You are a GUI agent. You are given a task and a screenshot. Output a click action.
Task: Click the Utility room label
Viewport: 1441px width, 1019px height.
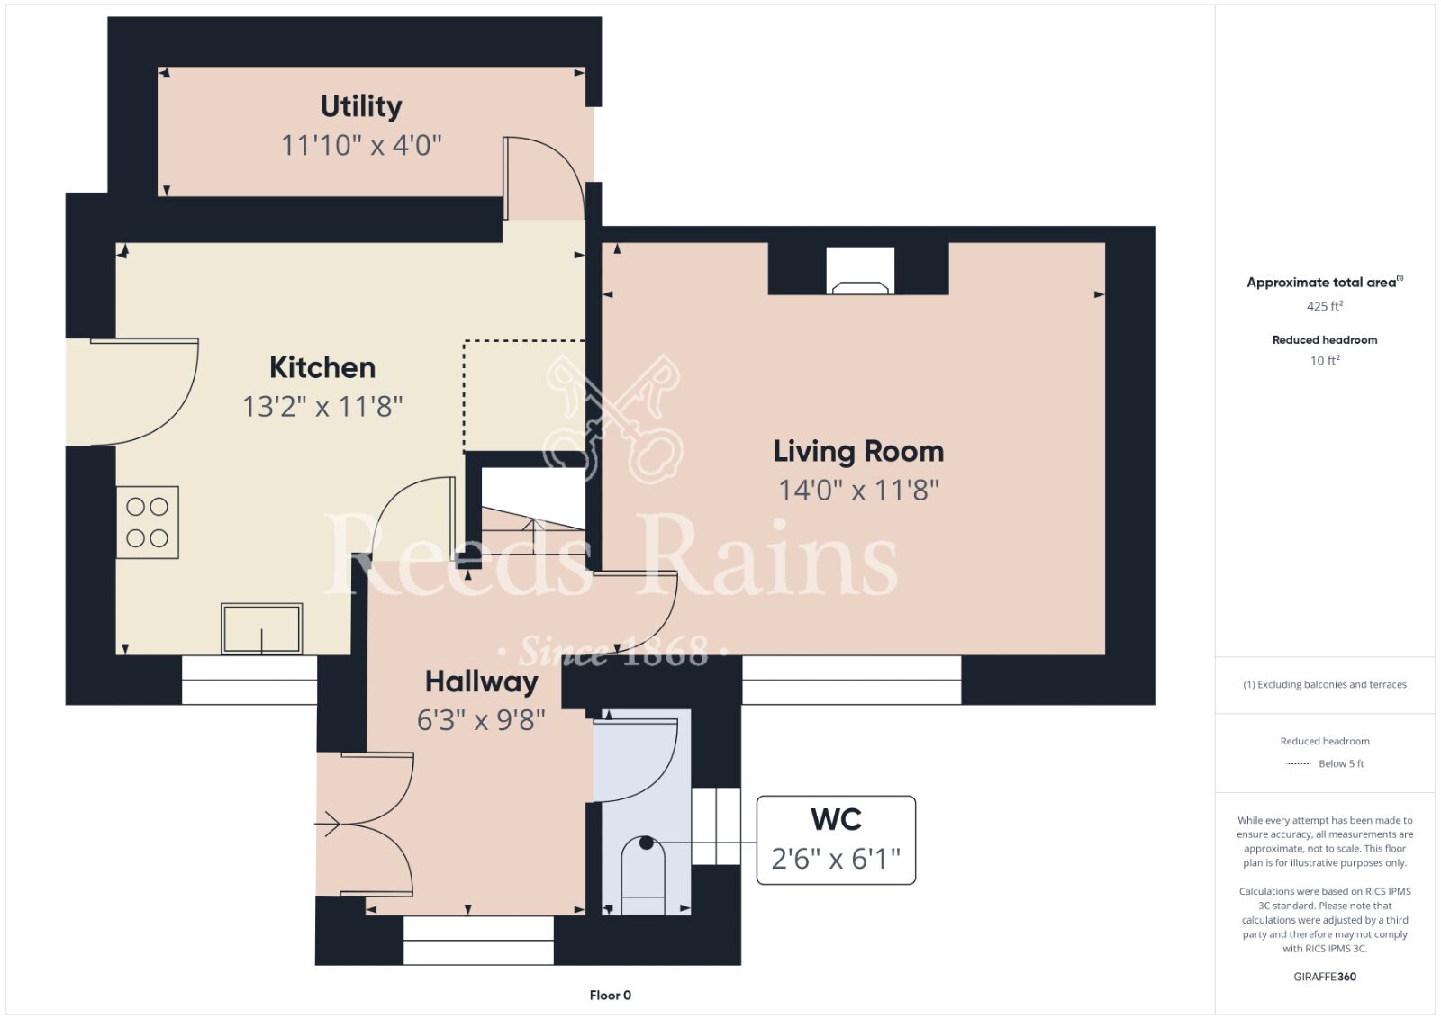click(361, 107)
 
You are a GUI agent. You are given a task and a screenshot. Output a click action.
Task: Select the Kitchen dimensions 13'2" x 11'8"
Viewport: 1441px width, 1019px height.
click(322, 407)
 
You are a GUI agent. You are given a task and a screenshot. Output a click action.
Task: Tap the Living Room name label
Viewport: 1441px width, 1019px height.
click(858, 451)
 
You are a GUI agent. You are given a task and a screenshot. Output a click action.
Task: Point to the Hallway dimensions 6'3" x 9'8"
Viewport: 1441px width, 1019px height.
click(481, 721)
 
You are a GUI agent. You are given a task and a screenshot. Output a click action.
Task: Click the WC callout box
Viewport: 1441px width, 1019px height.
click(836, 840)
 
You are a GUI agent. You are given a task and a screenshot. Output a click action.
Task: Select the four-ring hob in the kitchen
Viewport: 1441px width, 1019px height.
click(148, 522)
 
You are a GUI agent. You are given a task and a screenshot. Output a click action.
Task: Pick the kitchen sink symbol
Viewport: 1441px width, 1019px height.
click(261, 628)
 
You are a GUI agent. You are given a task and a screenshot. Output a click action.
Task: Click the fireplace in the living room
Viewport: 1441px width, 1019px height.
click(860, 270)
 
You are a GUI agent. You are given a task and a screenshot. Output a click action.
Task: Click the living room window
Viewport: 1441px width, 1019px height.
click(852, 680)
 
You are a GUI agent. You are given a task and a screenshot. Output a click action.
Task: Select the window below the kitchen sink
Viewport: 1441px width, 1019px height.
click(249, 680)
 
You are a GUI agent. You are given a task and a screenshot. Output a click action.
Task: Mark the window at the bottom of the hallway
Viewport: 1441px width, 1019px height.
click(478, 940)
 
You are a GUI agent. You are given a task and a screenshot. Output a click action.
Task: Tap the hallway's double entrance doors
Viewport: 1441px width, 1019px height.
click(364, 824)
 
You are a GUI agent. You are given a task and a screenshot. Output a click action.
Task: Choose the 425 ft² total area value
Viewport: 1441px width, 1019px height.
click(1325, 306)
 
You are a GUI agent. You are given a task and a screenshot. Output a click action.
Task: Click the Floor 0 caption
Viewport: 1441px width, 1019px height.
click(610, 996)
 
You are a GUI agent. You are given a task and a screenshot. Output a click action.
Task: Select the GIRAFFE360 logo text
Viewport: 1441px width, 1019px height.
click(1325, 977)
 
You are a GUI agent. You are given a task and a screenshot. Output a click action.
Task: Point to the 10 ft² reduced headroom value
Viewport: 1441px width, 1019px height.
click(1325, 360)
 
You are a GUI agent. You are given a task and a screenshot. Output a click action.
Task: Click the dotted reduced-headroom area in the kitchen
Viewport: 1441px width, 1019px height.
click(524, 396)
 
